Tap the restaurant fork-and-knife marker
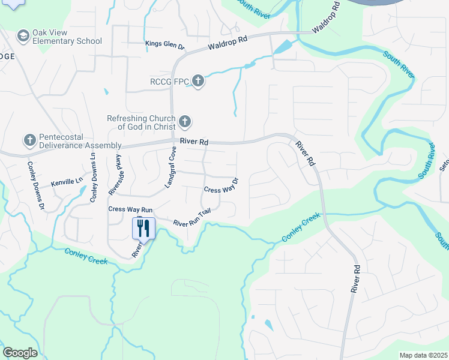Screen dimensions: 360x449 click(x=143, y=227)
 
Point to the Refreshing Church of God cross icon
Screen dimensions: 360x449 click(x=185, y=122)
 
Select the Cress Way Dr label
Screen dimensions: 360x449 click(x=221, y=185)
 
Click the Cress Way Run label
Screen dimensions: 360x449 click(x=130, y=209)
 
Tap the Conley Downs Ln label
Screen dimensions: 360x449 click(x=93, y=176)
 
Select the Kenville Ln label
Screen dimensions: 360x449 click(x=66, y=181)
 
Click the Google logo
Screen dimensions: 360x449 click(x=20, y=353)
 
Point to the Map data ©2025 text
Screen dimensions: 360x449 click(x=423, y=355)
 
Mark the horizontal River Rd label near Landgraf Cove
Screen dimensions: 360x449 click(x=196, y=142)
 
